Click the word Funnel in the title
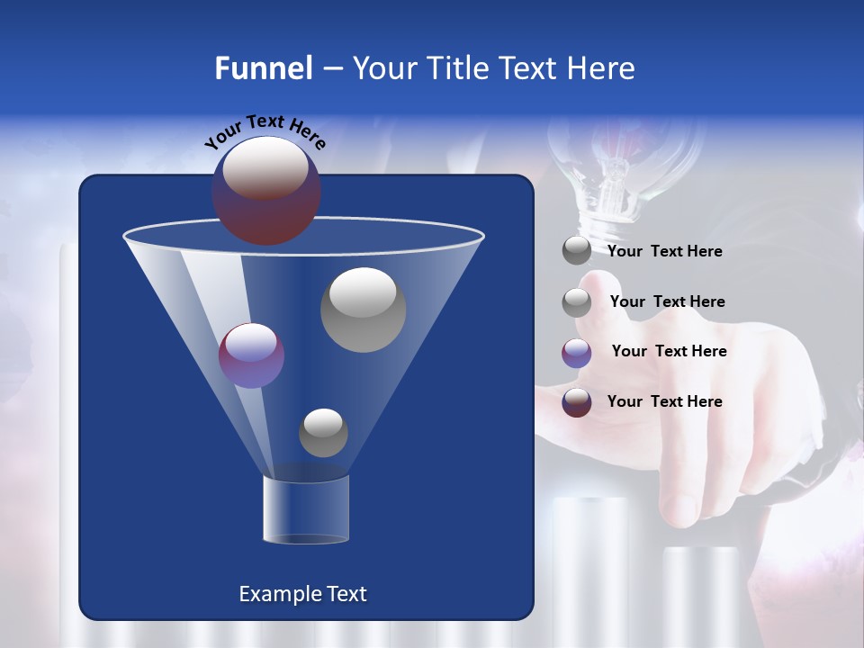(x=263, y=68)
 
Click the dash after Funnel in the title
(x=331, y=69)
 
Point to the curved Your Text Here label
(x=265, y=131)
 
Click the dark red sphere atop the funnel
(x=266, y=190)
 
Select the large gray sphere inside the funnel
(x=363, y=310)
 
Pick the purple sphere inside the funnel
(x=251, y=355)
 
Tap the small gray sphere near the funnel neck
(x=323, y=433)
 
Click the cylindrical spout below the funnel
(x=306, y=509)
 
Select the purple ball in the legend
(x=577, y=353)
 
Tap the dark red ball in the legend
(x=577, y=402)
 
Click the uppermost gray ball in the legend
(x=577, y=251)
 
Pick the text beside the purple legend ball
(x=669, y=351)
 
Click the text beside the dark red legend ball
(x=664, y=401)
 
